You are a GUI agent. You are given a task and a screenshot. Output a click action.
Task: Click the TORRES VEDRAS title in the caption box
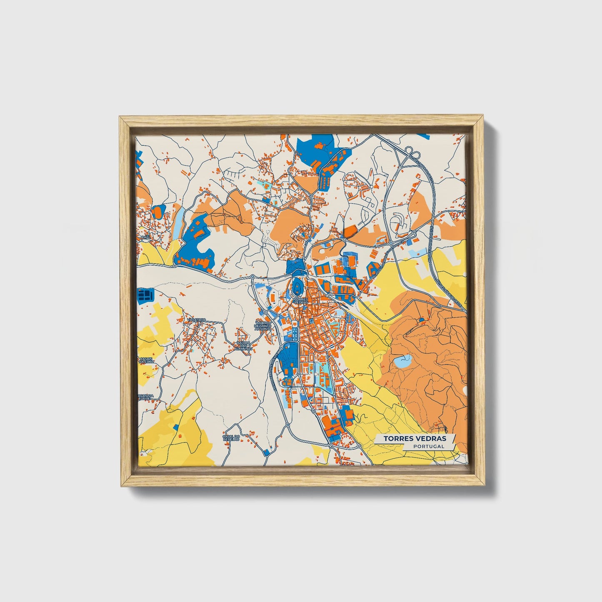[x=415, y=438]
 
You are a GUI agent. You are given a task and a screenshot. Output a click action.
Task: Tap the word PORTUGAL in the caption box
[x=429, y=446]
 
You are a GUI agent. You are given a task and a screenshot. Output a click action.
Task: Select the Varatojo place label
[x=196, y=320]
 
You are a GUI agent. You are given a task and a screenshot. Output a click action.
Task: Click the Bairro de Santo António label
[x=263, y=326]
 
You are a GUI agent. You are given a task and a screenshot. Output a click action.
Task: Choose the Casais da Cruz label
[x=146, y=360]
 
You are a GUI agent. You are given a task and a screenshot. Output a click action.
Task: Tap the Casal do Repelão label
[x=231, y=437]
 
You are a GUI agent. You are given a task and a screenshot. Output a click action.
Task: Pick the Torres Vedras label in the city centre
[x=301, y=300]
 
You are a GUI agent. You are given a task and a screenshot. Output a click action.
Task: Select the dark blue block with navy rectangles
[x=146, y=295]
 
